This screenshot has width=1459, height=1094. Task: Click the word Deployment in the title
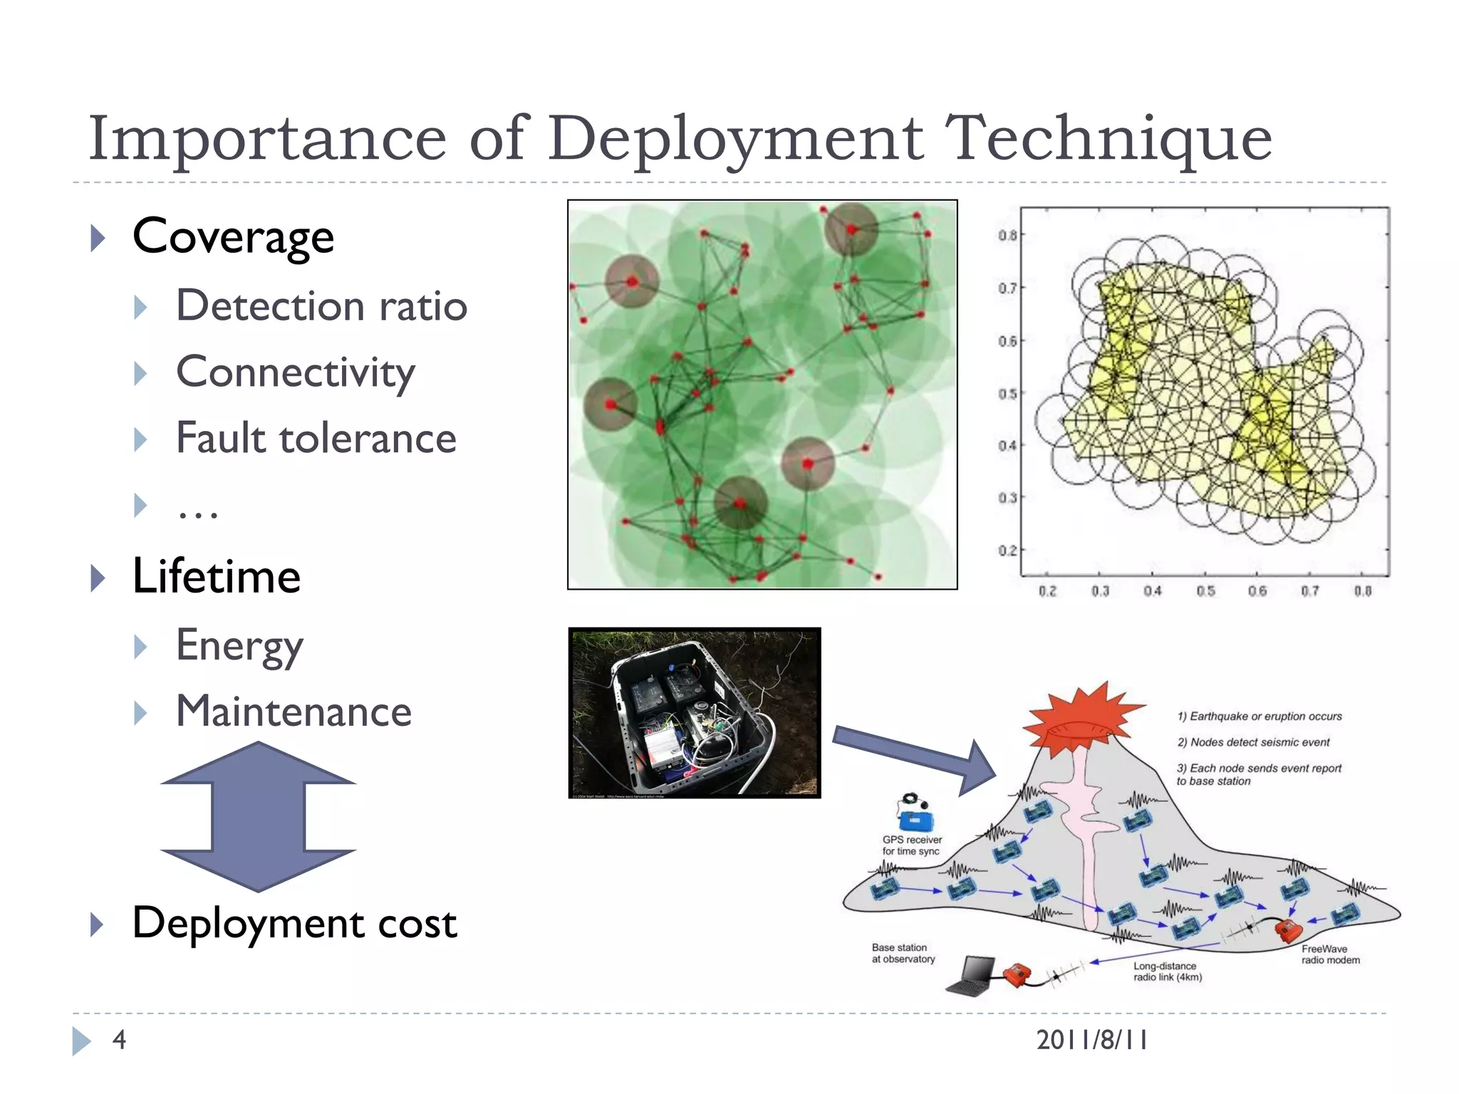735,139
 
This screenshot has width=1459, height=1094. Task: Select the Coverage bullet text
233,237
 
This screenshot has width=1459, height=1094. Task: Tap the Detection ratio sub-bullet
321,306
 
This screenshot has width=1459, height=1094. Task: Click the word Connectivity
295,373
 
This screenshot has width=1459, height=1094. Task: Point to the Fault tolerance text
316,438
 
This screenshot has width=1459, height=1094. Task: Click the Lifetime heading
217,576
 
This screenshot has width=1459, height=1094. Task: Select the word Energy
239,646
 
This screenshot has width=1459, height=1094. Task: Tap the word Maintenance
294,712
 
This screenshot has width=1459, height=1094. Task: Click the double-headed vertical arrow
258,816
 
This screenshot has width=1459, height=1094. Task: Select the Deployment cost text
294,924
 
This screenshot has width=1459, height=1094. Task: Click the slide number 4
119,1040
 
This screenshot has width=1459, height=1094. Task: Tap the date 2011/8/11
1091,1040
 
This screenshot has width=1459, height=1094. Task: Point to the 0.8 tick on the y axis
1007,235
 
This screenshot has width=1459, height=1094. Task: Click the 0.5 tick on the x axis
1205,591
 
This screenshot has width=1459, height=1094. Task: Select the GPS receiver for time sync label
912,845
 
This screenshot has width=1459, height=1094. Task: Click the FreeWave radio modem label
1330,954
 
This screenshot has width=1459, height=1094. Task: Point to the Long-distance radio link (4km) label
1167,971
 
